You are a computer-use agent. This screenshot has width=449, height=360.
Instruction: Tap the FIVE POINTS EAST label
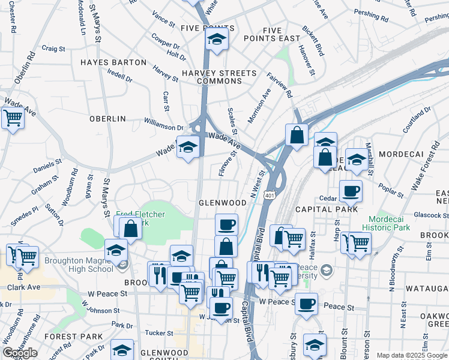272,34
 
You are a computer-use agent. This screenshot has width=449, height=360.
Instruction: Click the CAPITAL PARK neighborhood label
327,209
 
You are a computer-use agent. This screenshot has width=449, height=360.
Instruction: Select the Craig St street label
53,48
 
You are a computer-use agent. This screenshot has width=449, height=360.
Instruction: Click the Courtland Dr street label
417,120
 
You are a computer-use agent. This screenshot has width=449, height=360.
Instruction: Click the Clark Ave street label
23,287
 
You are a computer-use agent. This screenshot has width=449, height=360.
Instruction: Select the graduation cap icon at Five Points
215,40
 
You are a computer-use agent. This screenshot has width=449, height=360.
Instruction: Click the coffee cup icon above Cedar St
351,190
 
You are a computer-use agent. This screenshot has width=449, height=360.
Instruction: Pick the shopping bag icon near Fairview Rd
297,134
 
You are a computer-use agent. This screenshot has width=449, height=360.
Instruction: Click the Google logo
20,353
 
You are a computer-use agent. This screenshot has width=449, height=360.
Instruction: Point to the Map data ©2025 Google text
411,355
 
